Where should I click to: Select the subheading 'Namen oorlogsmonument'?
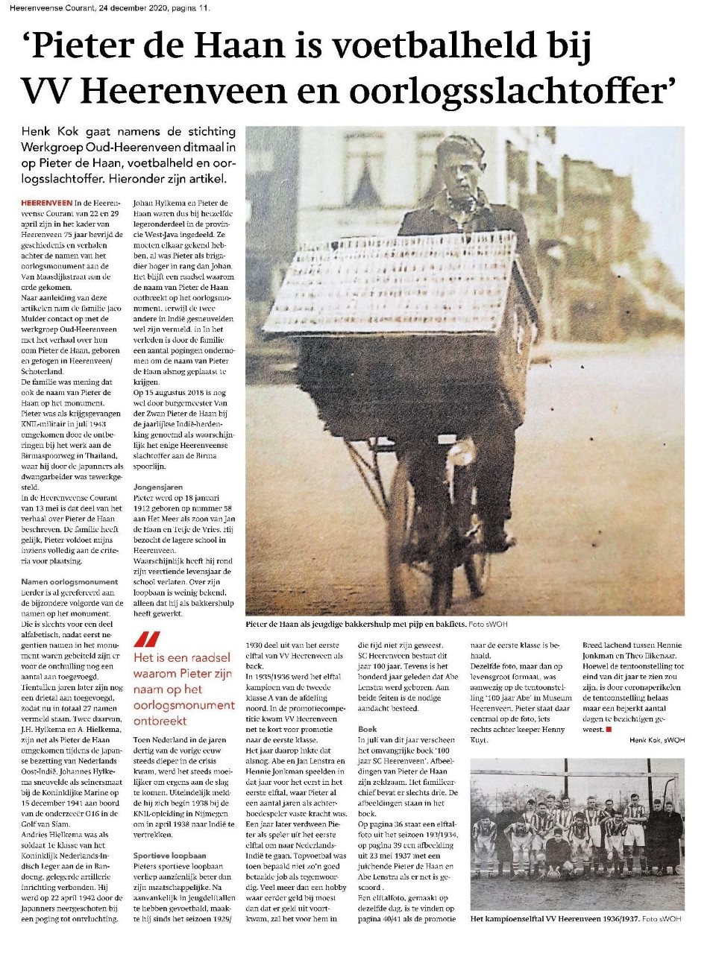69,581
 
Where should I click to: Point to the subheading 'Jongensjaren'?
157,487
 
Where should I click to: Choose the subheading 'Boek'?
367,729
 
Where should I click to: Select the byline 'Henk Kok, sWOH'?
656,740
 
